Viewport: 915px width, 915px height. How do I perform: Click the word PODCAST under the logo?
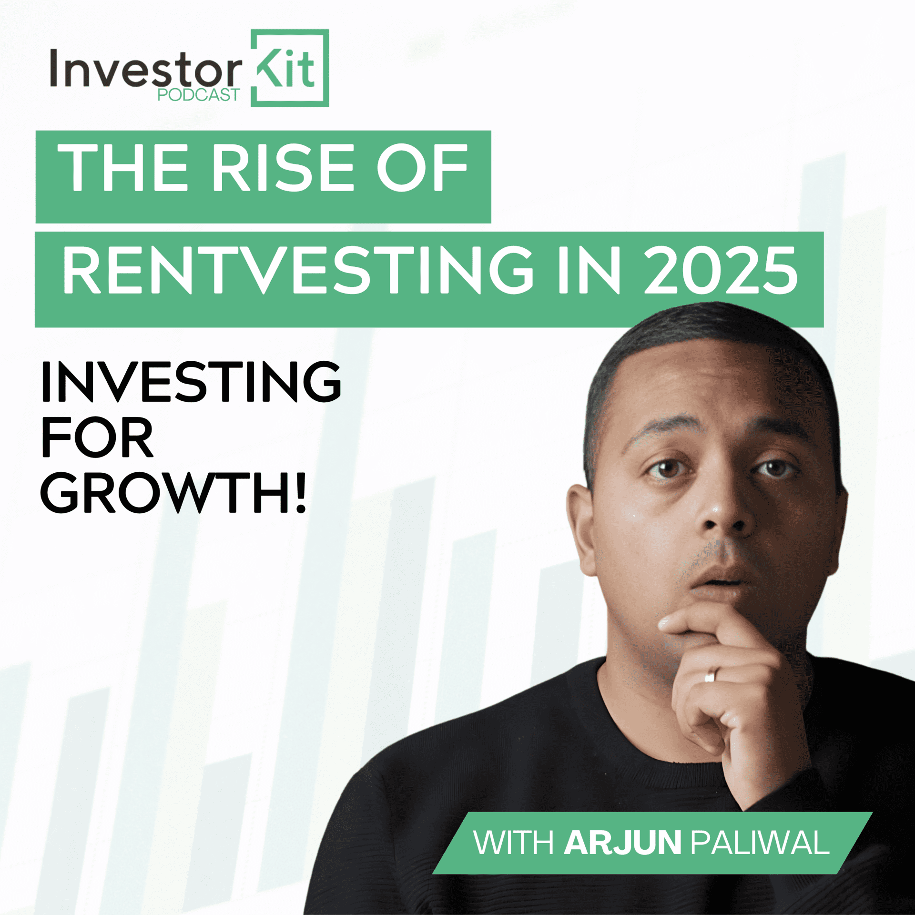(198, 95)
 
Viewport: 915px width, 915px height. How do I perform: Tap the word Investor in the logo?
(145, 71)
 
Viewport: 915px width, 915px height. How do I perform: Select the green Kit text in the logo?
(286, 69)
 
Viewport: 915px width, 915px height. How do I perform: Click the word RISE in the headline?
(284, 168)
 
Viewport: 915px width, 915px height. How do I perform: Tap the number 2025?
(721, 270)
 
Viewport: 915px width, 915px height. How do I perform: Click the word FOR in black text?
(97, 437)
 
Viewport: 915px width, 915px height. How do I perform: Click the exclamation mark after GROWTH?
(300, 493)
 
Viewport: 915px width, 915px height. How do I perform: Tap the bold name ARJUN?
(622, 843)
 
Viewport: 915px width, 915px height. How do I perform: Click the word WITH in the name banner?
(513, 843)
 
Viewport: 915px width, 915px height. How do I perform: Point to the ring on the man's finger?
(710, 674)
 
